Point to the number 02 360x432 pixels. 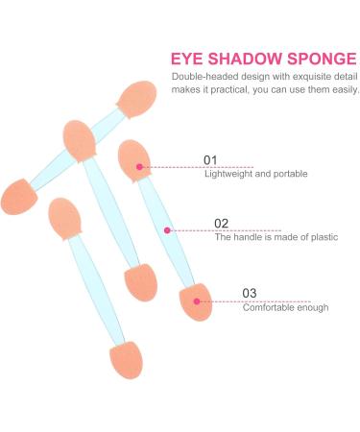click(221, 224)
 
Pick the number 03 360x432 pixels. click(249, 294)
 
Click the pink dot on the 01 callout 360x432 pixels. click(139, 167)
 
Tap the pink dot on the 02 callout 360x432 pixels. click(167, 229)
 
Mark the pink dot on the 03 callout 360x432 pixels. click(197, 301)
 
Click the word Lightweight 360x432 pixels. click(229, 174)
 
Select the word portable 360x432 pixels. click(289, 174)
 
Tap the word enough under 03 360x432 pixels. click(314, 307)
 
